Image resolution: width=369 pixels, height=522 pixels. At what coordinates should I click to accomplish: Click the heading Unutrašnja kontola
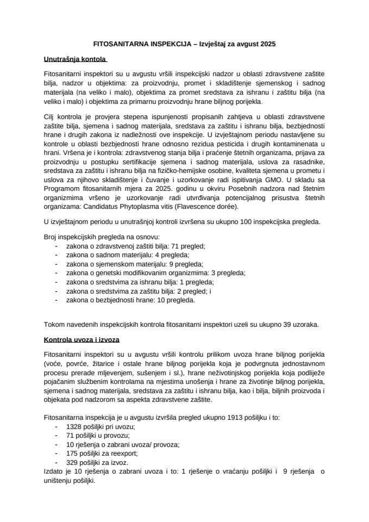coord(75,58)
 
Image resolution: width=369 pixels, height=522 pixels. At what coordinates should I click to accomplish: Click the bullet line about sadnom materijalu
coord(128,255)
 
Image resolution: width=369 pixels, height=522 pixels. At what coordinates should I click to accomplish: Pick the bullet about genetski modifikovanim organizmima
coord(155,273)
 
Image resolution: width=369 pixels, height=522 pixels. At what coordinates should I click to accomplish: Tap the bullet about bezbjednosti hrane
coord(130,300)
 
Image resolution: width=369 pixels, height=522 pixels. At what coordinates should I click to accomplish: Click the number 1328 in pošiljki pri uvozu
coord(74,427)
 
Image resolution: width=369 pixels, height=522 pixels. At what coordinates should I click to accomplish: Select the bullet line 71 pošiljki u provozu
coord(97,436)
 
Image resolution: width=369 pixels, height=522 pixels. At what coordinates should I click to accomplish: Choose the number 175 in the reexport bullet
coord(72,453)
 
